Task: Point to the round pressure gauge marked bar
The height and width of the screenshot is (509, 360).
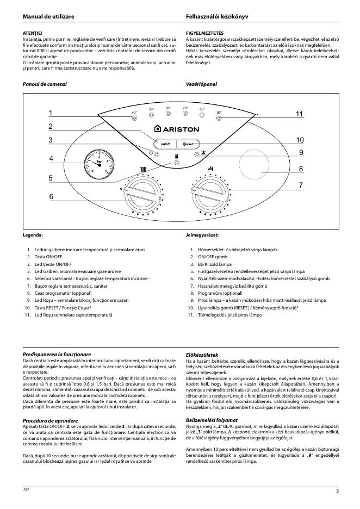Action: pyautogui.click(x=100, y=164)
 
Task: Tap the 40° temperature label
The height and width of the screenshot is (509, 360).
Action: pyautogui.click(x=134, y=113)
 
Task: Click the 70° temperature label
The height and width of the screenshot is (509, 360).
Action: pyautogui.click(x=185, y=108)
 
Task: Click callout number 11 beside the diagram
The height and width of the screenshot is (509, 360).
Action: pyautogui.click(x=299, y=114)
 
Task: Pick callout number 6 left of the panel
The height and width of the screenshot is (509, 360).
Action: pyautogui.click(x=51, y=196)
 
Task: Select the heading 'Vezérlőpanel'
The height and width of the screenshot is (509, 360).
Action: pyautogui.click(x=201, y=85)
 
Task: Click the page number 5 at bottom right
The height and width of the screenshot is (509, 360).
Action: pyautogui.click(x=338, y=491)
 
